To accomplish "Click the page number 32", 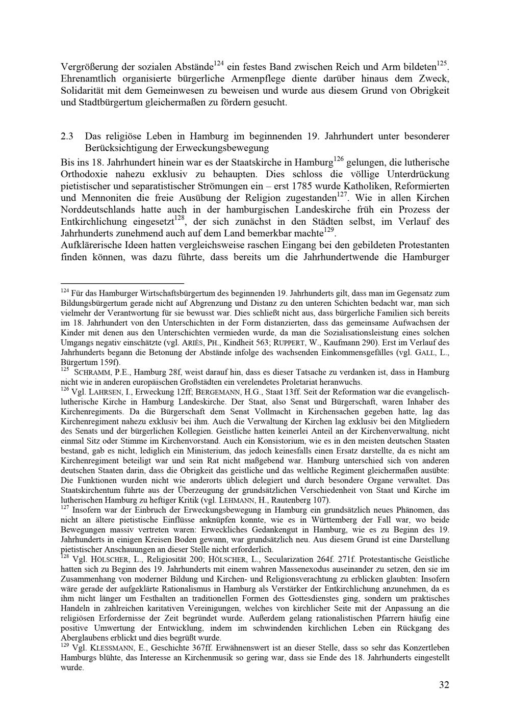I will coord(444,685).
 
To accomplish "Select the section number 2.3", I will coord(68,137).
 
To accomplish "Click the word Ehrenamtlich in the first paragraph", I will coord(89,78).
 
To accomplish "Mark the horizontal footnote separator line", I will coord(122,283).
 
